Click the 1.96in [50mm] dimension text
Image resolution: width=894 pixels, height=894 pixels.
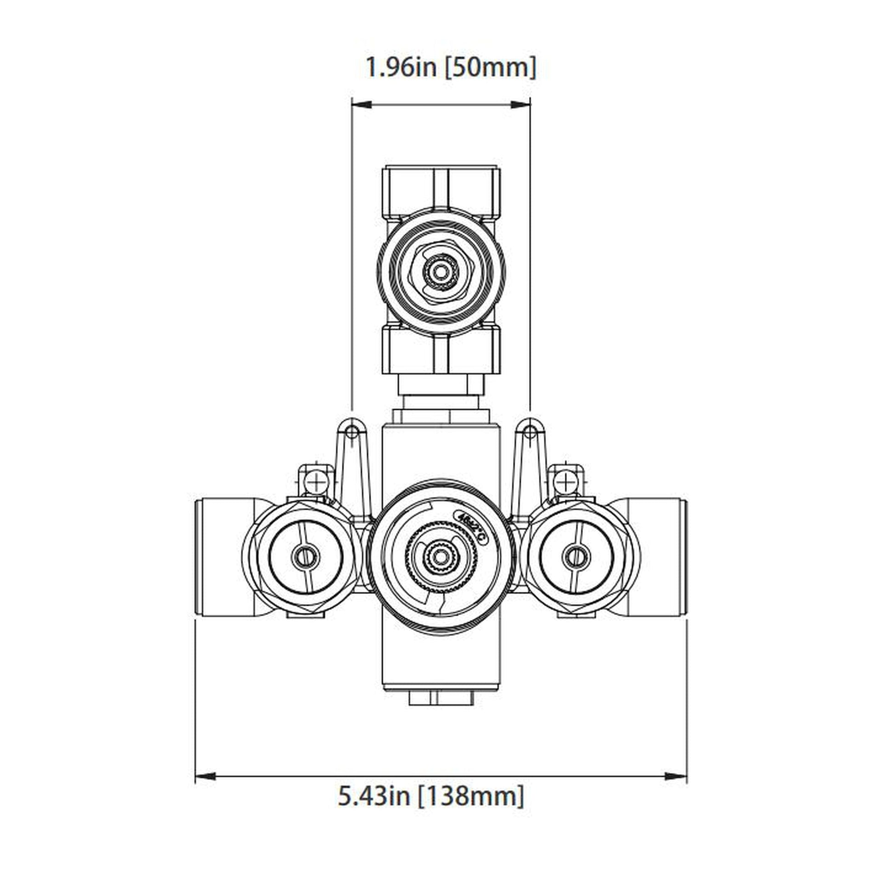451,68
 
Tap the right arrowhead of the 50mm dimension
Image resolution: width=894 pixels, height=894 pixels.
520,105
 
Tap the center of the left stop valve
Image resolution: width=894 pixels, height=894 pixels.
306,556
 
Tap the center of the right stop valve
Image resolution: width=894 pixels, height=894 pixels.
576,556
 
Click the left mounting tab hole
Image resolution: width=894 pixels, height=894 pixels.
352,432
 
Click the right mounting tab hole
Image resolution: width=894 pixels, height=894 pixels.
531,432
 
